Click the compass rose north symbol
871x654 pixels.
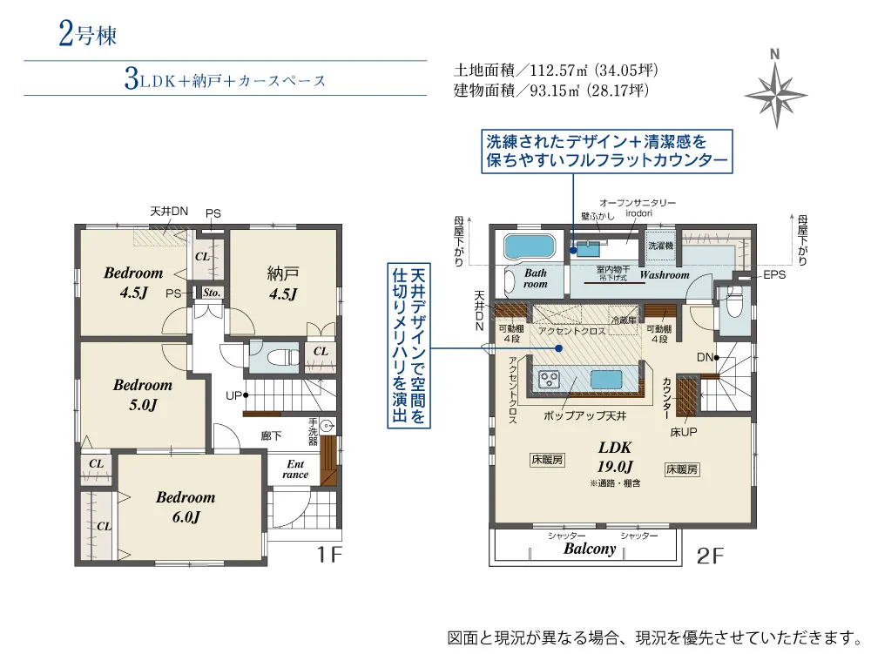[773, 88]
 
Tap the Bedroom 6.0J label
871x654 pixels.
[186, 507]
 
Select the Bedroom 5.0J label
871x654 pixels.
[142, 394]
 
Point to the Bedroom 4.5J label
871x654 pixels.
[133, 282]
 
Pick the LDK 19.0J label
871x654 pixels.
[615, 455]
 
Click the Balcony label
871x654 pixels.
[590, 549]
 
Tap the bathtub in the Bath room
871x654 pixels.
[530, 246]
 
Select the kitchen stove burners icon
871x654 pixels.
[550, 380]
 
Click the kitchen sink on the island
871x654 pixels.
[607, 380]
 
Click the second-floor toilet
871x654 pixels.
[733, 306]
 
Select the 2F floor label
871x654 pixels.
[710, 555]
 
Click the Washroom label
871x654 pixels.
[665, 275]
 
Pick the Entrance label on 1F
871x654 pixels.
[295, 469]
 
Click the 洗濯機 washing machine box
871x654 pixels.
[660, 246]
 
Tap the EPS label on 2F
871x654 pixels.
[773, 274]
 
